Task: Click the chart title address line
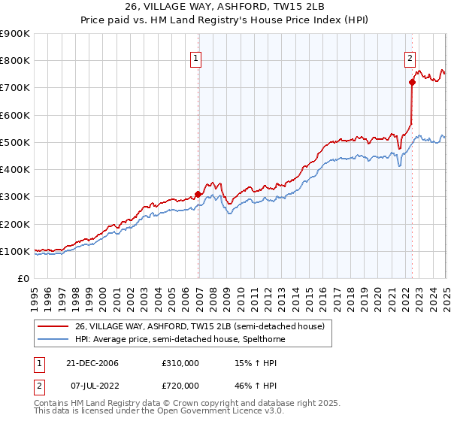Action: point(225,6)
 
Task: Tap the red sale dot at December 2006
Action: point(198,194)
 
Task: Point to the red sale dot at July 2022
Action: point(412,82)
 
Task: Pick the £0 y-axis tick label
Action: point(23,279)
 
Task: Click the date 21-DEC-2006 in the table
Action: point(92,363)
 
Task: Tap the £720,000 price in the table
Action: point(180,386)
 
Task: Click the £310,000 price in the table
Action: point(180,363)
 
